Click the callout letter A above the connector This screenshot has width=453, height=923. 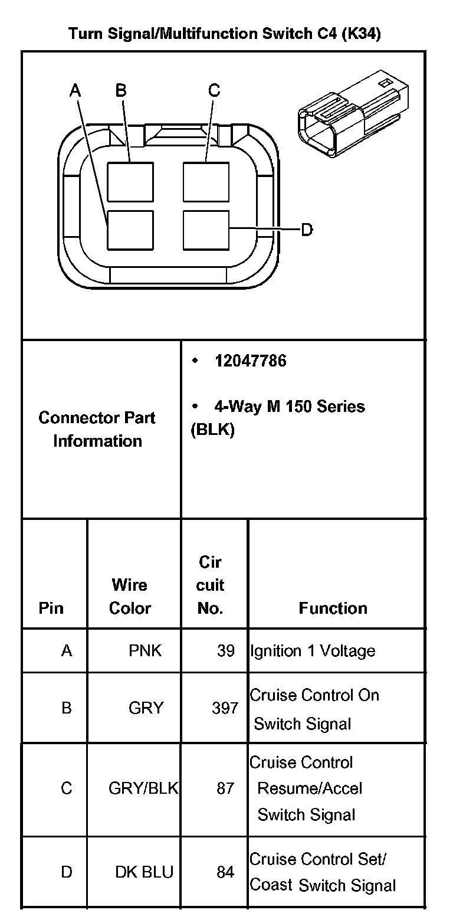(x=75, y=90)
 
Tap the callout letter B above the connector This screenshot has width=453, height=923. (x=121, y=90)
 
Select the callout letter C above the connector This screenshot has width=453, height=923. (x=214, y=90)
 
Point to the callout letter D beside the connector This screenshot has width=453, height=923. (x=307, y=229)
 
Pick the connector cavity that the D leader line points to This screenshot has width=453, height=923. (x=206, y=230)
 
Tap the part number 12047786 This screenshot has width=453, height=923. (x=251, y=361)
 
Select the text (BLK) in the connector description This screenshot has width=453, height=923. (x=212, y=430)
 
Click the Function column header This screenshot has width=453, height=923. (x=333, y=608)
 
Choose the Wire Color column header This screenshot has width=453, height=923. (x=130, y=597)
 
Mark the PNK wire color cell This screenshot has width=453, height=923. (x=145, y=651)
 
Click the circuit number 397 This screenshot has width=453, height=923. (x=225, y=708)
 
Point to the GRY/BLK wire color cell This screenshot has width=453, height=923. (x=143, y=788)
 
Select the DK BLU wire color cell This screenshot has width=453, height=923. (x=145, y=872)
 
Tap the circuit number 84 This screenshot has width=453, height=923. (x=225, y=872)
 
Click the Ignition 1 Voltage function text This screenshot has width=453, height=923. (x=313, y=651)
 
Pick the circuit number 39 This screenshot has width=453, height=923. (x=225, y=651)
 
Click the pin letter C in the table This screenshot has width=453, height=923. (x=67, y=788)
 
